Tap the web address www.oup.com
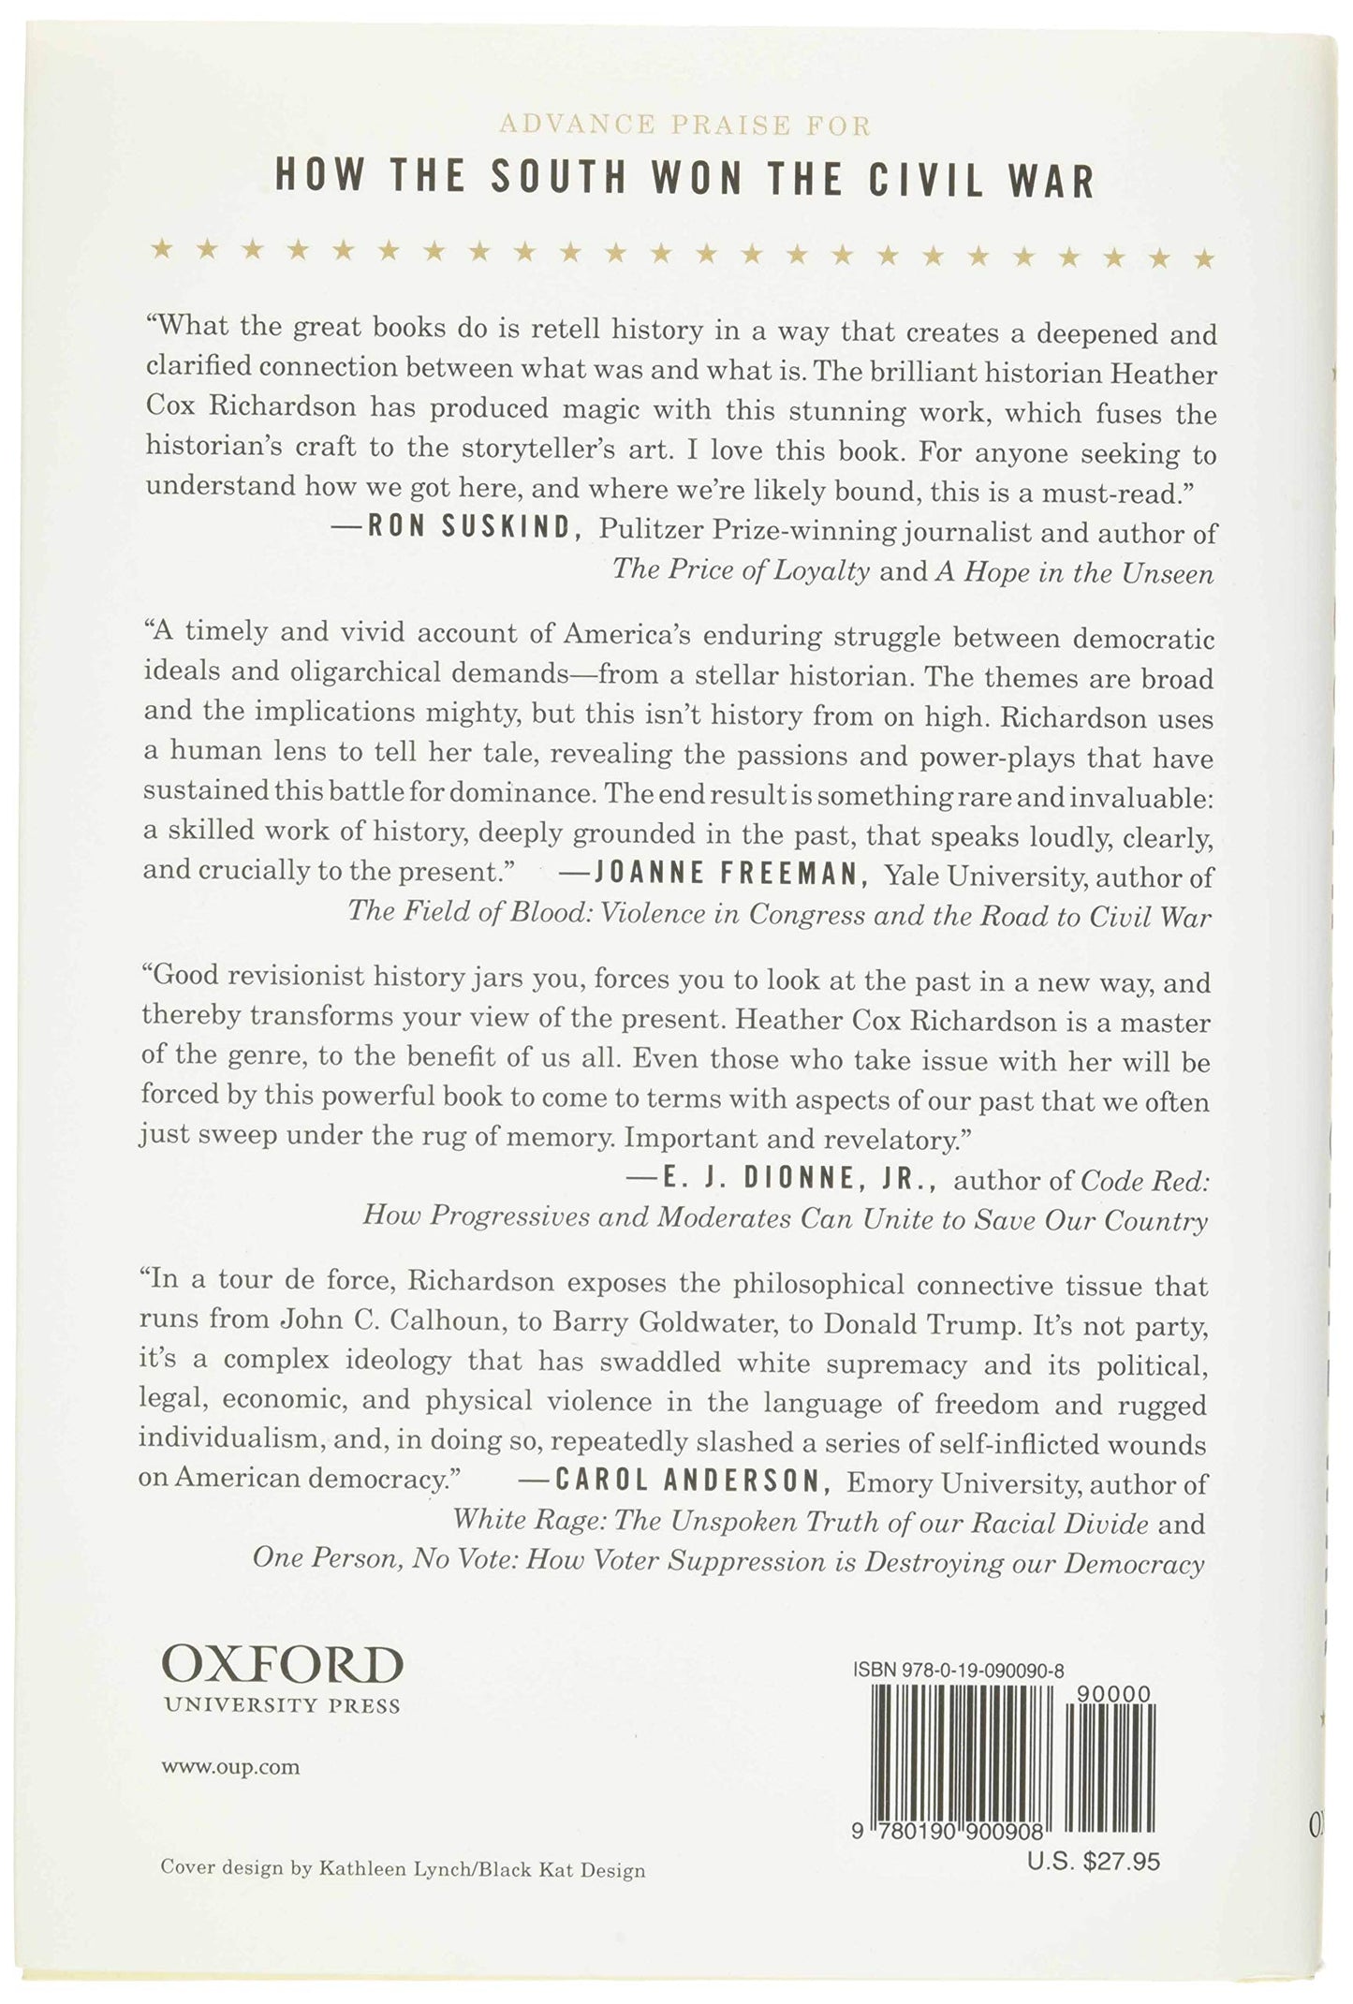[229, 1767]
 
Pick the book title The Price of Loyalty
[741, 571]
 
